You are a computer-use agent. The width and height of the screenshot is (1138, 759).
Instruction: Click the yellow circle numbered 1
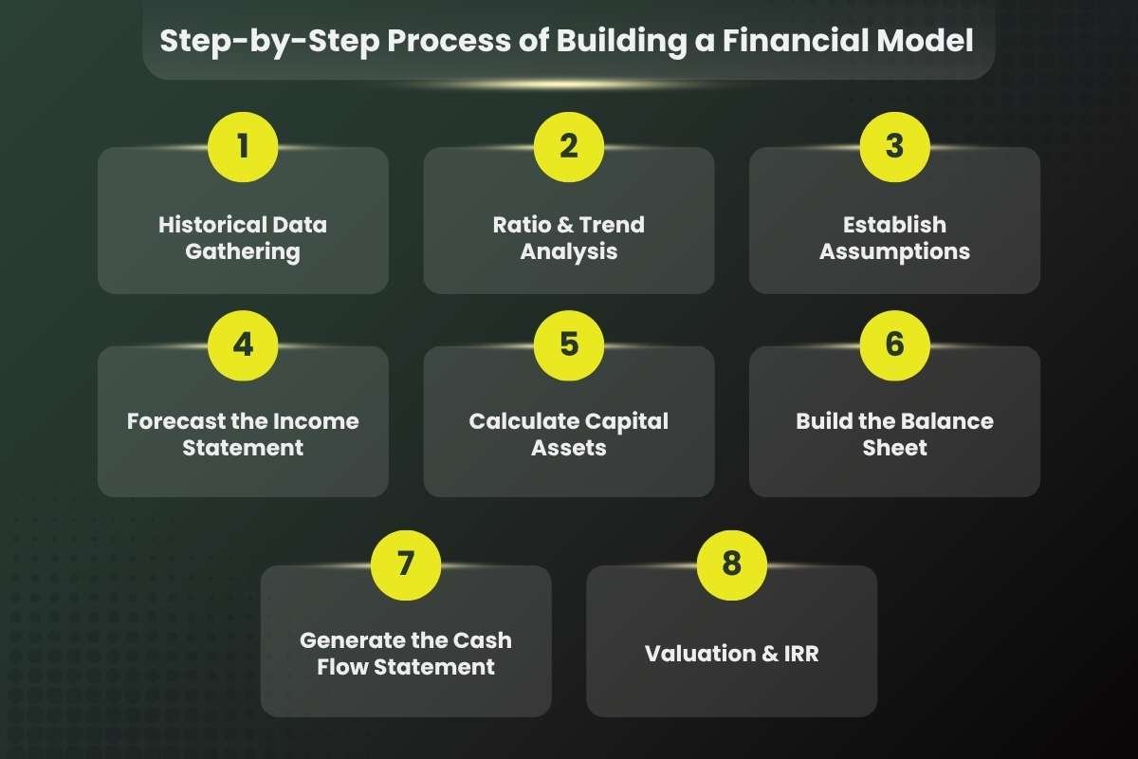point(243,147)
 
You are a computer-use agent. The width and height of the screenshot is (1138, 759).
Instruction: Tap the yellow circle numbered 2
point(569,147)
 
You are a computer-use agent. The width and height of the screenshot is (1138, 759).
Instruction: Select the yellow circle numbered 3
point(894,147)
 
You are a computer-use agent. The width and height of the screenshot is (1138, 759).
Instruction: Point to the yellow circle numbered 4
point(243,343)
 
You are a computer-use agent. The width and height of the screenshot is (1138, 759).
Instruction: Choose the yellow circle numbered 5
point(569,343)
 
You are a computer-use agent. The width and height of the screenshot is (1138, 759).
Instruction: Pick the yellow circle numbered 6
point(894,343)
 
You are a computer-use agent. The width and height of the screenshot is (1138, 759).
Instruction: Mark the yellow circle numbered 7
point(406,563)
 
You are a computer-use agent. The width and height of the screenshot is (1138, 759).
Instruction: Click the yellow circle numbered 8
point(731,563)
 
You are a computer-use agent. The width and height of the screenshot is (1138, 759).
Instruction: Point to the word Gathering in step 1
point(243,251)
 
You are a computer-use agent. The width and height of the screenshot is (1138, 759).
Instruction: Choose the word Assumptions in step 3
point(894,251)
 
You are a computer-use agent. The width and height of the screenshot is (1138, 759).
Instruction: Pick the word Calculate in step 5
point(523,420)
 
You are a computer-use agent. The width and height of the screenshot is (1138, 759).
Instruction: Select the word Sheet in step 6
point(894,447)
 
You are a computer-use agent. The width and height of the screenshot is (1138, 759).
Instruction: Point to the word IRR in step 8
point(797,654)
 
